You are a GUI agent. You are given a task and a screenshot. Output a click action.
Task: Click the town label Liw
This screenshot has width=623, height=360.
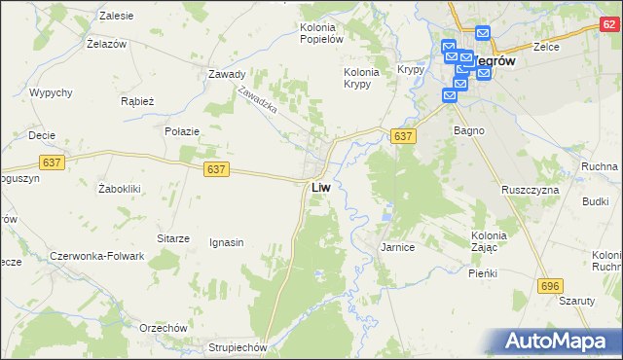[326, 187]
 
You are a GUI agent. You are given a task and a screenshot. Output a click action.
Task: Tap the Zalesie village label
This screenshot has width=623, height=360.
[117, 17]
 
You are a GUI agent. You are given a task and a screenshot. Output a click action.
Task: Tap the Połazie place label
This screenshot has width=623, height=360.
[182, 131]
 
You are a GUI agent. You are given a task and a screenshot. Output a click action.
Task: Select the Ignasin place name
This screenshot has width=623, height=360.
[226, 242]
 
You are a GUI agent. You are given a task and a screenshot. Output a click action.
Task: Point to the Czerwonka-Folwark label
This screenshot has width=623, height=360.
[96, 256]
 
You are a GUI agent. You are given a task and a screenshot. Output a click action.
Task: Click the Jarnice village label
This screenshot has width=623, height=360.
[397, 248]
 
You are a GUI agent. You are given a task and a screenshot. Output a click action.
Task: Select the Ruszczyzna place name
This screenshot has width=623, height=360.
[530, 190]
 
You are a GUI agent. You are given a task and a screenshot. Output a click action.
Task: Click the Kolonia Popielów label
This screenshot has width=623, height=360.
[321, 34]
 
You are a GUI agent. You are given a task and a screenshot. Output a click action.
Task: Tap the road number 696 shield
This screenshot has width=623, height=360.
[551, 284]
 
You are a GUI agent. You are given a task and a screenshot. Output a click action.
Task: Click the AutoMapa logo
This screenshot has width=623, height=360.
[556, 341]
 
